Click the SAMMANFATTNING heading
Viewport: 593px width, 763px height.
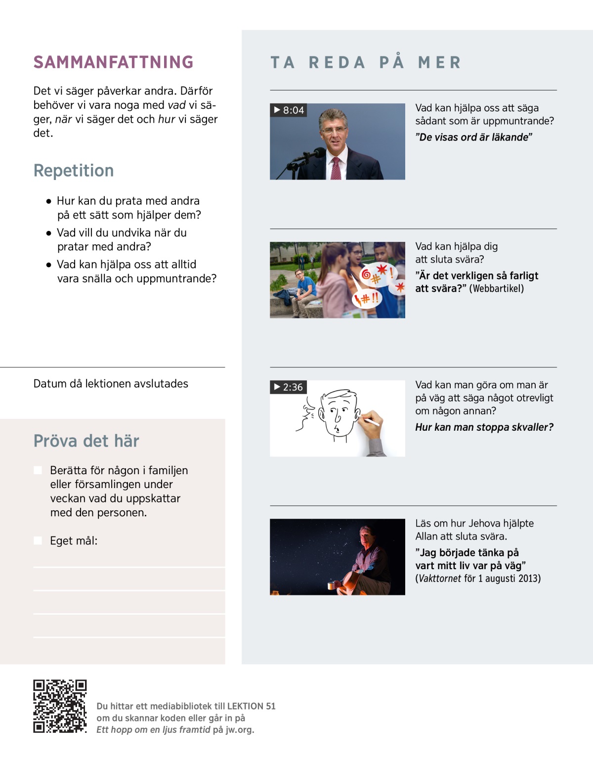coord(113,62)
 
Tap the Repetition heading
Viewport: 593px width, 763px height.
coord(74,171)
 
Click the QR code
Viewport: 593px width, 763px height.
coord(60,706)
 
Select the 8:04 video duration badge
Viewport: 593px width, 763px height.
coord(289,110)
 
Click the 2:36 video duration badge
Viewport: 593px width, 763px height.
coord(288,387)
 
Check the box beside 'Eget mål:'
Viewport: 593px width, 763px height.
coord(38,540)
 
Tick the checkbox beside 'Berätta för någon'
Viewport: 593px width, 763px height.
coord(38,470)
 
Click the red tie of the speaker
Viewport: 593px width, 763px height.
coord(336,168)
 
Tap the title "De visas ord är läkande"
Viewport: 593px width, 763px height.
coord(473,137)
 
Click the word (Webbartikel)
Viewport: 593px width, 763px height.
coord(496,289)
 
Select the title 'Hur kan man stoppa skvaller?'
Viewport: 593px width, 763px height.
coord(484,427)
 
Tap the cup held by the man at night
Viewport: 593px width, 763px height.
coord(331,586)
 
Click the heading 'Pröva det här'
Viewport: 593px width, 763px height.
coord(86,441)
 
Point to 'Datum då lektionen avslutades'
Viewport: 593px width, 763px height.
coord(111,384)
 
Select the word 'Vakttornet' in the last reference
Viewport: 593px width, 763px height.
coord(440,579)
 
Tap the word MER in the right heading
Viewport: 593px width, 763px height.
coord(439,63)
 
